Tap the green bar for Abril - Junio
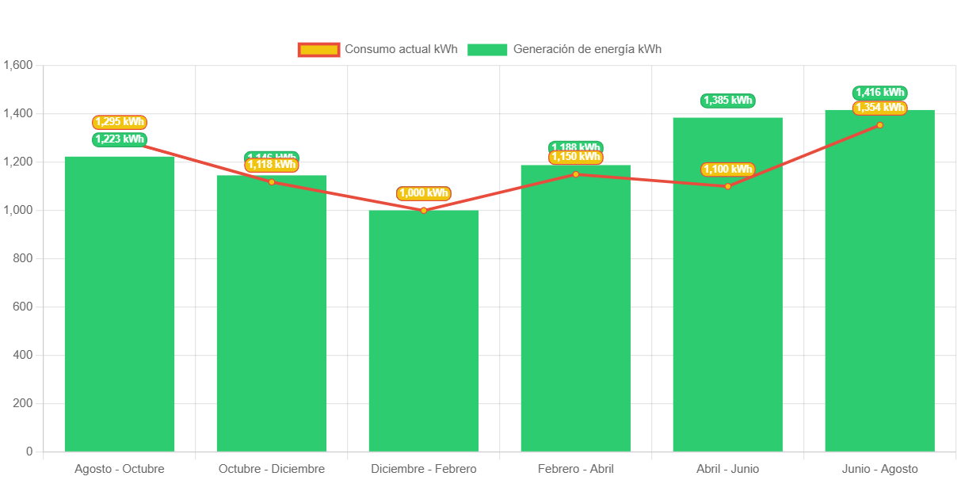(727, 285)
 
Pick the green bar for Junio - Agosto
(879, 281)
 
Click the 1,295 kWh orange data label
(120, 122)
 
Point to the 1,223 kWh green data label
(120, 139)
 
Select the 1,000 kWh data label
(424, 192)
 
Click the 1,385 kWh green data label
(727, 101)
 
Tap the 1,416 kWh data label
(879, 93)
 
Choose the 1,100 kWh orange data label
(727, 170)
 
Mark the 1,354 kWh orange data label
(879, 108)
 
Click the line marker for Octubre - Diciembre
(272, 182)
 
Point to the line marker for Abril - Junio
(727, 186)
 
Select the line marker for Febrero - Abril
(576, 174)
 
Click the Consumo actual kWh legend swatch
(318, 50)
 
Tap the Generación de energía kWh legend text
(587, 49)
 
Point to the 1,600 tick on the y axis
(17, 65)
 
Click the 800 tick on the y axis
(22, 258)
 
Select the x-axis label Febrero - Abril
(576, 469)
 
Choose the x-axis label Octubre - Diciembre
(272, 469)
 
